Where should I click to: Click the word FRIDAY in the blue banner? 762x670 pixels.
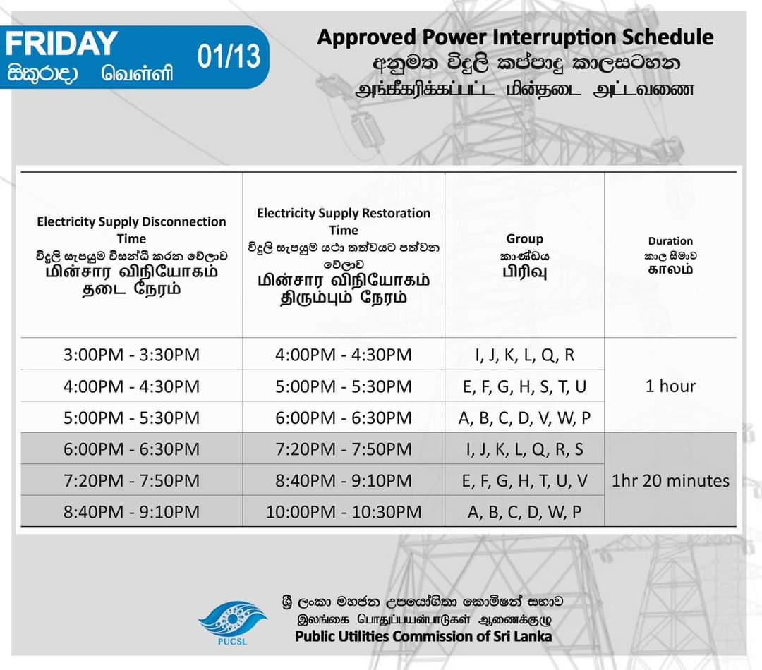61,43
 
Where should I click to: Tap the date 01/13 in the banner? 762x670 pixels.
229,57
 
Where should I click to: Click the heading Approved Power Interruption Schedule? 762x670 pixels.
515,37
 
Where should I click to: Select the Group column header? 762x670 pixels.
524,239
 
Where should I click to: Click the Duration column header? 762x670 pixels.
670,241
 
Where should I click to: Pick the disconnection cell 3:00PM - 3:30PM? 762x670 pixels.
132,355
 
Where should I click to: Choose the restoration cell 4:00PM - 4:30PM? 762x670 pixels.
344,355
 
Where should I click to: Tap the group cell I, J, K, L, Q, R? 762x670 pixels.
524,355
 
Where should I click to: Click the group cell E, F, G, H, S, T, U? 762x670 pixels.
524,386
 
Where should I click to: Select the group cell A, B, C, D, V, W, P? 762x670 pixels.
524,418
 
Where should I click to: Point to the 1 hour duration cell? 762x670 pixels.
670,386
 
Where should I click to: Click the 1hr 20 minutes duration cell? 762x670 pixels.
670,481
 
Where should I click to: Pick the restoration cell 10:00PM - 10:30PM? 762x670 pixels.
344,512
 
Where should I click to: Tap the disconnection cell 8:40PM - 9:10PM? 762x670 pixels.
132,512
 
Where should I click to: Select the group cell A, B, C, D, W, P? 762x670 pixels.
524,512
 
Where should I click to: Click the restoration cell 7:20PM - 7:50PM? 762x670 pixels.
344,449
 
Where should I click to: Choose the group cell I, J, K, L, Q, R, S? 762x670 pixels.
524,449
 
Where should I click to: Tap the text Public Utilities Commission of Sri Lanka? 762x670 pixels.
423,636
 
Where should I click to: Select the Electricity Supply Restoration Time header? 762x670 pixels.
344,221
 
